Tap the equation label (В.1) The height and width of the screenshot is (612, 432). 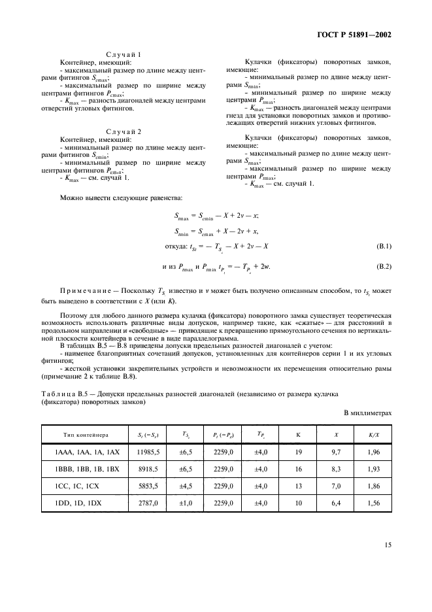point(382,245)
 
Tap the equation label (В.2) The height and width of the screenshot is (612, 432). point(382,267)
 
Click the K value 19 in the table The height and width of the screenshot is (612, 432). point(298,471)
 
